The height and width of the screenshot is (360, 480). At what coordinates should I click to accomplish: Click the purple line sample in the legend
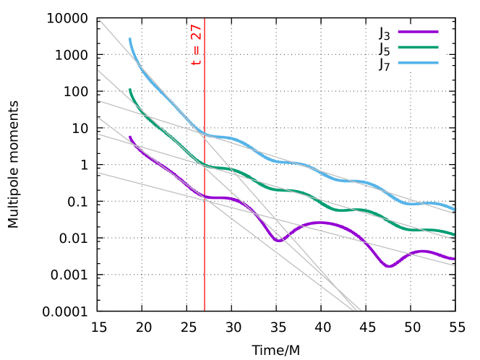(418, 32)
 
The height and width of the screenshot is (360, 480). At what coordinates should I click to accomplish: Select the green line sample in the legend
(418, 48)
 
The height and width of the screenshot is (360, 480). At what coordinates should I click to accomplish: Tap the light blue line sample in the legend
(418, 64)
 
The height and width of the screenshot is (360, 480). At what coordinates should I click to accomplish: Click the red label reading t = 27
(196, 45)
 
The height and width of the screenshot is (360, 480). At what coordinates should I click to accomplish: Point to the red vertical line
(205, 253)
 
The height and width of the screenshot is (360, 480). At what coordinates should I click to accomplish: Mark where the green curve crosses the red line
(205, 166)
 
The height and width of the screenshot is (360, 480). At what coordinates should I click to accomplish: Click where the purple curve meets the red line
(205, 197)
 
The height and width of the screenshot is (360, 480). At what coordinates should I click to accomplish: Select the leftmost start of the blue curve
(129, 39)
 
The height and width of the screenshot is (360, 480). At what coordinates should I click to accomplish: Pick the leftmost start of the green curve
(129, 90)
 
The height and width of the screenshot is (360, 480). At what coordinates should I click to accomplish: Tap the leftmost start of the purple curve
(129, 137)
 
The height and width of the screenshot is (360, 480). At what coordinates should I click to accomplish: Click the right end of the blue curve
(455, 210)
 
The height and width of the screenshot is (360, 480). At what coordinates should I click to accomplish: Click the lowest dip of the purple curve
(389, 266)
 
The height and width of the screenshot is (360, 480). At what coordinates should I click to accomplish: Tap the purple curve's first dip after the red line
(279, 240)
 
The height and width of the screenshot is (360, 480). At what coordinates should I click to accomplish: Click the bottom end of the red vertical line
(205, 310)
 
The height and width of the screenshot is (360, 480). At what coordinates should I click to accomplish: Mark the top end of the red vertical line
(205, 19)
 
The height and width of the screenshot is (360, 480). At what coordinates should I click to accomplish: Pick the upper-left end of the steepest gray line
(98, 19)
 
